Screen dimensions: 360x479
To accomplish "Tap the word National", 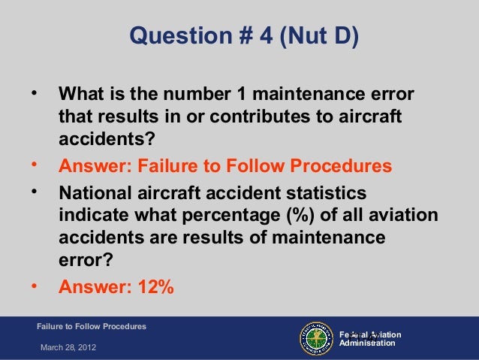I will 98,192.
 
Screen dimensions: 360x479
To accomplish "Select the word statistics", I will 322,192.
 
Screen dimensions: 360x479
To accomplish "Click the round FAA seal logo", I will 317,338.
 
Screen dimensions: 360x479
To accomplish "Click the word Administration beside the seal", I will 368,343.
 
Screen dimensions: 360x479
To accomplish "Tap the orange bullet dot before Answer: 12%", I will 32,284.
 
